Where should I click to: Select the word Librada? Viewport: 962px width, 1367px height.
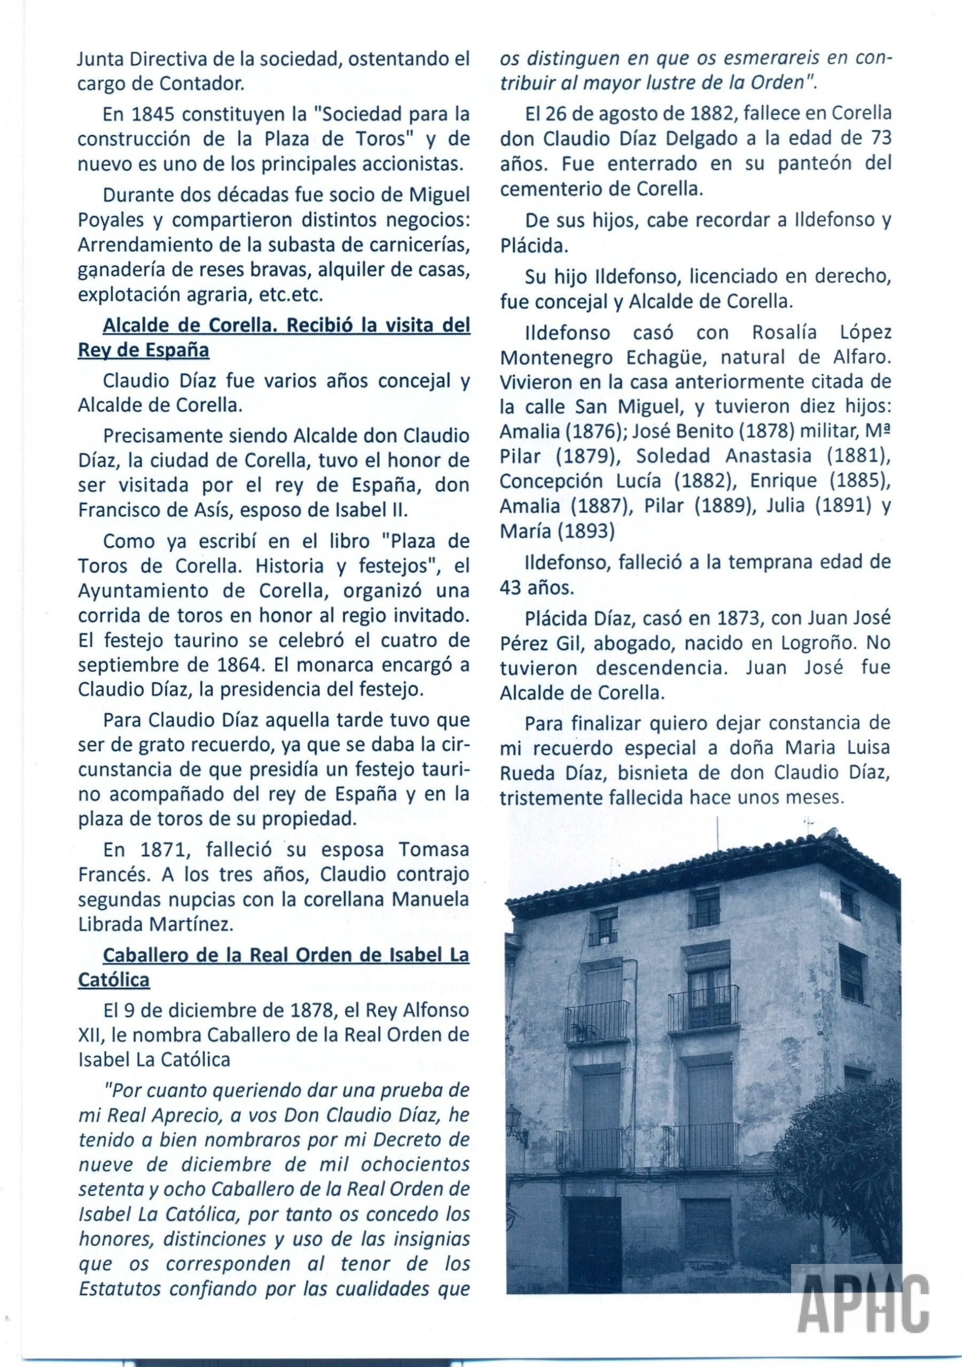[x=118, y=924]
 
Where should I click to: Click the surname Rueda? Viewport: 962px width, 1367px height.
[x=528, y=773]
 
